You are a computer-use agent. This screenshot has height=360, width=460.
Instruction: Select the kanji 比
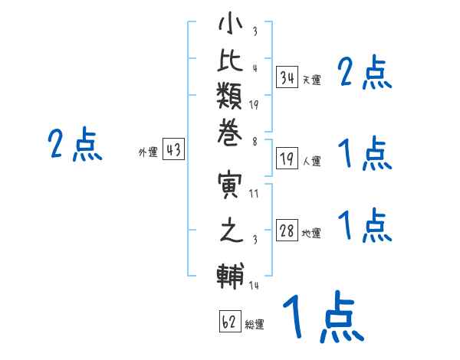click(x=230, y=60)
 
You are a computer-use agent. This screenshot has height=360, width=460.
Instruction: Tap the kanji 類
click(x=230, y=96)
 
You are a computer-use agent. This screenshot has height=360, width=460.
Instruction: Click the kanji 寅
click(x=230, y=185)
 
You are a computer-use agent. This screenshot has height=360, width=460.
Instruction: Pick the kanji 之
click(x=232, y=230)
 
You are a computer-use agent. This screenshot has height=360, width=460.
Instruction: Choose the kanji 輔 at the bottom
click(x=230, y=276)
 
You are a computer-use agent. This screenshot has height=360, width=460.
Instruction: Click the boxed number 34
click(x=287, y=77)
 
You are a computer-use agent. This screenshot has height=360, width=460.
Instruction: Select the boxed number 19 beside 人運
click(x=287, y=159)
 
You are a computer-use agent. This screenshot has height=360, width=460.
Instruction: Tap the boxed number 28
click(x=287, y=231)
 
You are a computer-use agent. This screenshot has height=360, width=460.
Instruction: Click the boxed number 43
click(x=173, y=149)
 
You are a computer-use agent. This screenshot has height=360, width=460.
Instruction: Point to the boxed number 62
click(x=230, y=321)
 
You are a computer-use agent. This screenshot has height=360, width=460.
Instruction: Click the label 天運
click(x=312, y=80)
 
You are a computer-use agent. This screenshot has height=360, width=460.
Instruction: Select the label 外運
click(x=148, y=152)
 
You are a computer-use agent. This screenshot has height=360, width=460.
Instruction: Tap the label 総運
click(x=255, y=324)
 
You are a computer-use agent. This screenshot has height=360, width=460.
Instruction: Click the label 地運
click(x=311, y=234)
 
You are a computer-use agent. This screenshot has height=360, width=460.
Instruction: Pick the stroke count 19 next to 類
click(x=254, y=105)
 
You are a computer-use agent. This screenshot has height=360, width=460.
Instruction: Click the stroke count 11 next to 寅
click(x=254, y=194)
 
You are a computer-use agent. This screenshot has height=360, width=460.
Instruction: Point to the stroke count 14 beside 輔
click(x=254, y=285)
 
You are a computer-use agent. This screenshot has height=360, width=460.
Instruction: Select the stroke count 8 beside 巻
click(x=255, y=142)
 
